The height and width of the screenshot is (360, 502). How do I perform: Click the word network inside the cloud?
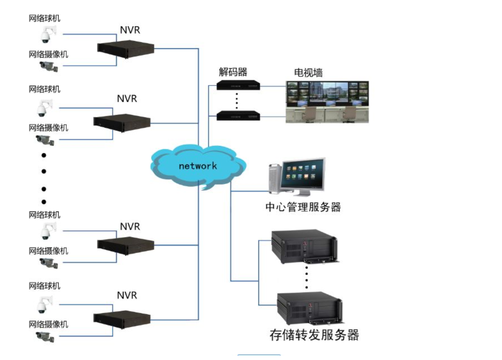coord(198,166)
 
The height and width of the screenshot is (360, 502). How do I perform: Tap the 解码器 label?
coord(233,72)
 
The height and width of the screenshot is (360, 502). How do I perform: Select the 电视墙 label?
coord(308,73)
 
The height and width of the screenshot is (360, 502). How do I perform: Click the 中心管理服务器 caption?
coord(303,207)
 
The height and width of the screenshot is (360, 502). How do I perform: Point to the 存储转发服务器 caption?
coord(314,334)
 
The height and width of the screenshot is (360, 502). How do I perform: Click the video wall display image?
coord(327,101)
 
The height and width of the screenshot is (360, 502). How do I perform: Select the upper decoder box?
coord(238,85)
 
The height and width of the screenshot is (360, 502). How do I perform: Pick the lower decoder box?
coord(238,116)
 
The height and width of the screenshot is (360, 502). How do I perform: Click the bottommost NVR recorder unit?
coord(122,318)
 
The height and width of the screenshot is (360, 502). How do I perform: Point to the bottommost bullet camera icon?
coord(46,337)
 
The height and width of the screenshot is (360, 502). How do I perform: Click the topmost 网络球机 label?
coord(45,18)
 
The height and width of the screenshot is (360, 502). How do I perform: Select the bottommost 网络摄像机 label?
coord(48,324)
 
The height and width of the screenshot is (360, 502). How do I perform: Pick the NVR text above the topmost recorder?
coord(130,30)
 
